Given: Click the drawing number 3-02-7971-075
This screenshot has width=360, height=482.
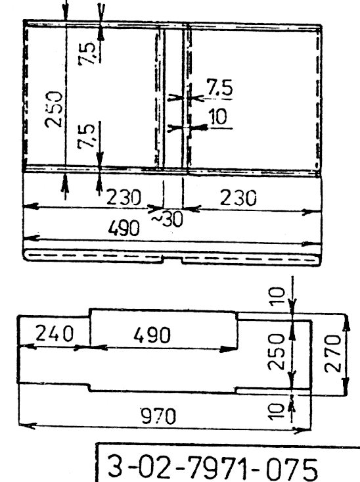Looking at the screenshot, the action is (x=213, y=467).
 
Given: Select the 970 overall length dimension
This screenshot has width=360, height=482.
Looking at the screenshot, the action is (x=158, y=416).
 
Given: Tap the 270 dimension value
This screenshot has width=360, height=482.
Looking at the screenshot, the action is (x=332, y=353).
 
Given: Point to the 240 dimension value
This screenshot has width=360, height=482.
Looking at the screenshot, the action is (x=55, y=333).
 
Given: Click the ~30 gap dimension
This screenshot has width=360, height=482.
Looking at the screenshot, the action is (x=168, y=219).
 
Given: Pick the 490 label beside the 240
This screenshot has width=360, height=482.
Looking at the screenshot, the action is (x=152, y=335).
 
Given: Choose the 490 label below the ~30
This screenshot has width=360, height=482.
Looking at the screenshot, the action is (x=124, y=228).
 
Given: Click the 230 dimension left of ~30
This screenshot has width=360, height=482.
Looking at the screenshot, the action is (x=124, y=197).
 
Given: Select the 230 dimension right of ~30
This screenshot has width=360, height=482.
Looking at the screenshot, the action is (x=238, y=198).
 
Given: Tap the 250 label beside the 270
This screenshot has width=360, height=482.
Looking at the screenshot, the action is (x=276, y=352).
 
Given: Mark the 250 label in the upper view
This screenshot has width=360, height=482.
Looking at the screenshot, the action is (x=54, y=109).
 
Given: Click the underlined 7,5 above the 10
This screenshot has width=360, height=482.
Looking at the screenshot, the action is (x=219, y=87).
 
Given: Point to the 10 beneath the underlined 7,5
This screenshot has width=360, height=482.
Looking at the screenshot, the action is (x=218, y=116).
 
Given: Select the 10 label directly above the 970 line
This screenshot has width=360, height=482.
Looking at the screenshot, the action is (x=277, y=412).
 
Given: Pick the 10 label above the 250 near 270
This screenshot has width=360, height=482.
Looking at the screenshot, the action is (x=277, y=297).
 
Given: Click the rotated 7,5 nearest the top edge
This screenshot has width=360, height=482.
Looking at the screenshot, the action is (x=87, y=53).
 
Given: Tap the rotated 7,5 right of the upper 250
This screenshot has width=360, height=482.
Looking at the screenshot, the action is (x=85, y=137).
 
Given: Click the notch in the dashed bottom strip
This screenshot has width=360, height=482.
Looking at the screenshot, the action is (x=172, y=260).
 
